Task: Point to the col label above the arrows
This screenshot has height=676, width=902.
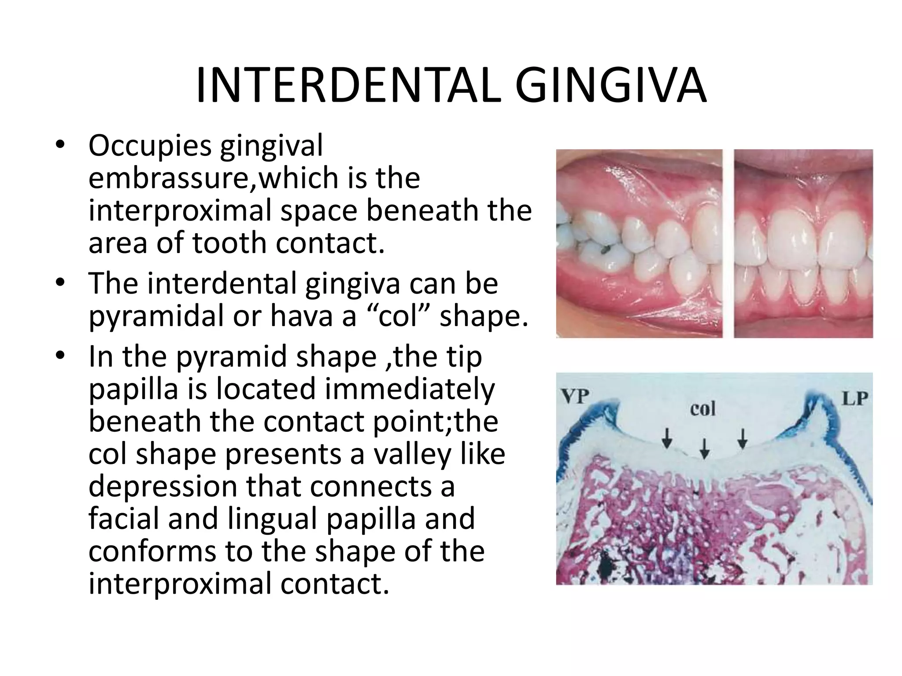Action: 702,409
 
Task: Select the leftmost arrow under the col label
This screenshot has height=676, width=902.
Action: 668,438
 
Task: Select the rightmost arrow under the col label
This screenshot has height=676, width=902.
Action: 743,438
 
